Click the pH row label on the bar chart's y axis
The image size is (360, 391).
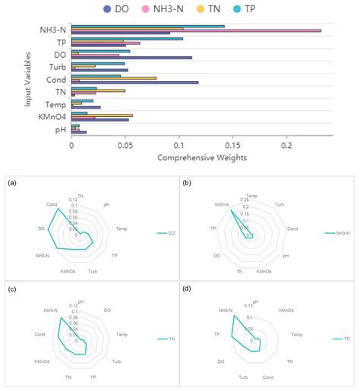coord(61,129)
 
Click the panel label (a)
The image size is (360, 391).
coord(11,183)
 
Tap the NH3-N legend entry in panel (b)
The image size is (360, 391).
coord(336,234)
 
